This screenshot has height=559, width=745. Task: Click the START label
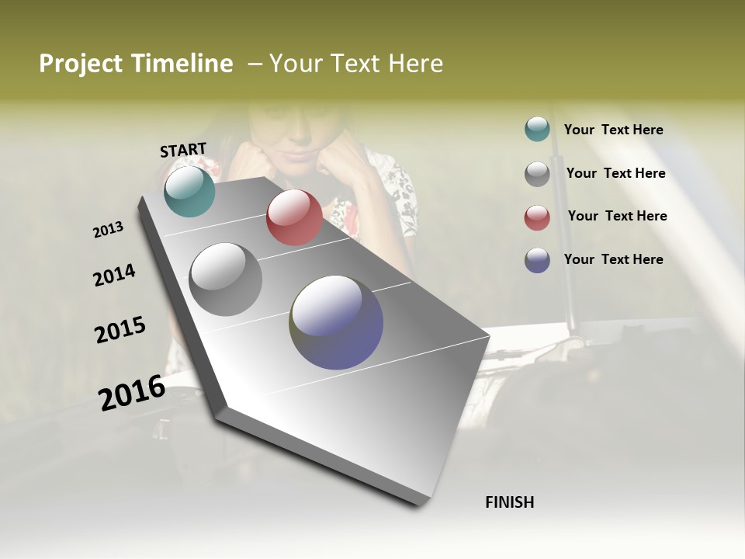click(183, 150)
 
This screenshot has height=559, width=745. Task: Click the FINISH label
click(509, 502)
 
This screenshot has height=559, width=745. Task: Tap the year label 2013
click(108, 230)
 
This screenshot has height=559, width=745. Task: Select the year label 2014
click(114, 276)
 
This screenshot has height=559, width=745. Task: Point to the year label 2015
click(120, 330)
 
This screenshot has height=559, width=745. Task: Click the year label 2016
click(132, 392)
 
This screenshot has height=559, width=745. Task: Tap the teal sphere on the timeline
click(189, 191)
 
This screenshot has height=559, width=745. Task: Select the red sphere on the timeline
click(294, 217)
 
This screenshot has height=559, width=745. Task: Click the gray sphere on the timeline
click(226, 279)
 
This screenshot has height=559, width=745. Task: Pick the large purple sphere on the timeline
click(336, 322)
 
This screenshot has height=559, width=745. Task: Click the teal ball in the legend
click(537, 130)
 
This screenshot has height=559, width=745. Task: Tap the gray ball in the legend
click(537, 174)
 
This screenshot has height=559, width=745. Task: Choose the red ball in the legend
click(537, 217)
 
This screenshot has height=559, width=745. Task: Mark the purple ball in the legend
click(537, 260)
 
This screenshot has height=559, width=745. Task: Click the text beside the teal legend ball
click(613, 130)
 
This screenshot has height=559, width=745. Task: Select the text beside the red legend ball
click(617, 216)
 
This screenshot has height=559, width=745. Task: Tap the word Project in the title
click(80, 64)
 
